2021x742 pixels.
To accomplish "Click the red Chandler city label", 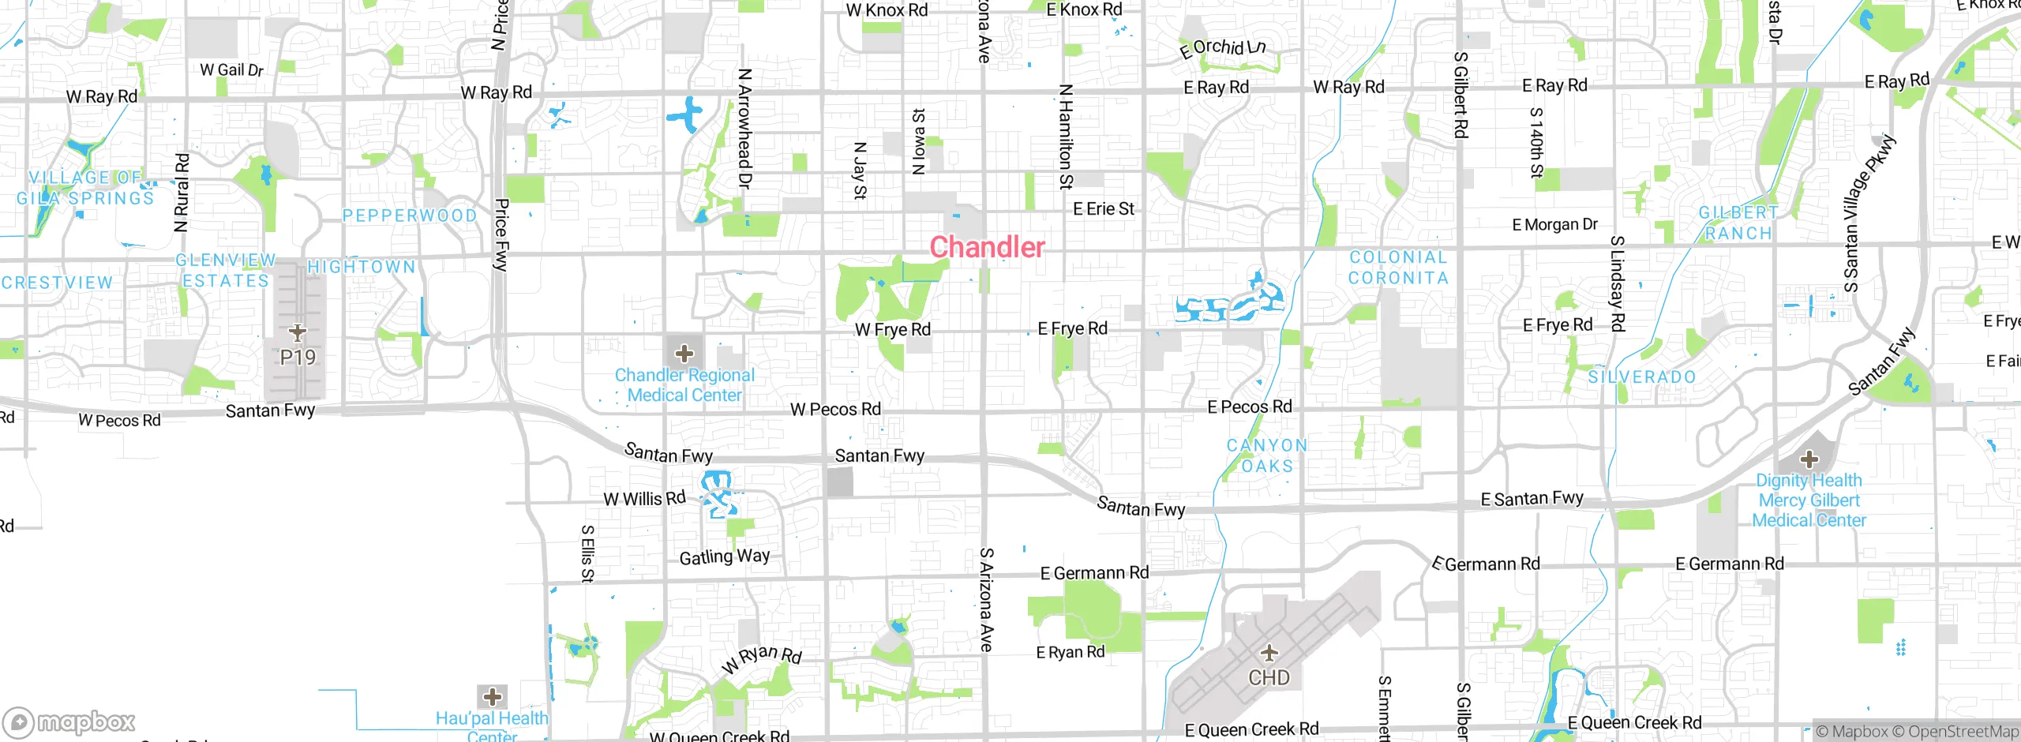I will [x=987, y=247].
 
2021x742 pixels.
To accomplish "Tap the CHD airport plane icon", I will [x=1269, y=654].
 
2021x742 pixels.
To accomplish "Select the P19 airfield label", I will [x=298, y=358].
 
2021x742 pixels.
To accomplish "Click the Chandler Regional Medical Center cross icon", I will [x=684, y=353].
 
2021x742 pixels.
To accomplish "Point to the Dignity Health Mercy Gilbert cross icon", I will [x=1809, y=459].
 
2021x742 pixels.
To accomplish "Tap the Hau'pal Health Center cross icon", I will [x=493, y=696].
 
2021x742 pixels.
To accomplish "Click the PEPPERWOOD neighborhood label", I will [x=410, y=215].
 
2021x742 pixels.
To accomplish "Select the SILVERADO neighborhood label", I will [x=1642, y=377].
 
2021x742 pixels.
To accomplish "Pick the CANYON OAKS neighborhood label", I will [x=1267, y=455].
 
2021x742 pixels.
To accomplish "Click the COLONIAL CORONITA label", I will [x=1398, y=268].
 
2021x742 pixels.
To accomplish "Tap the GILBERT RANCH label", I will [x=1738, y=223].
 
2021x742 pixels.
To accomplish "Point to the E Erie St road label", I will [x=1103, y=209].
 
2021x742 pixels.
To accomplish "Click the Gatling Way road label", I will [x=724, y=556].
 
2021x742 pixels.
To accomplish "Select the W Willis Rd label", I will [x=644, y=499].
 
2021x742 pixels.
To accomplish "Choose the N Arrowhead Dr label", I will [x=744, y=128].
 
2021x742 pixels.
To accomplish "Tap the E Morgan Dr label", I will [x=1554, y=225].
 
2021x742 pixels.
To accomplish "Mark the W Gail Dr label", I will [x=231, y=70].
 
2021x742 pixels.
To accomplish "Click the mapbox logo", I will [x=69, y=721].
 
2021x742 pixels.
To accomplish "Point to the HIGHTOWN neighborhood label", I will [x=361, y=268].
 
